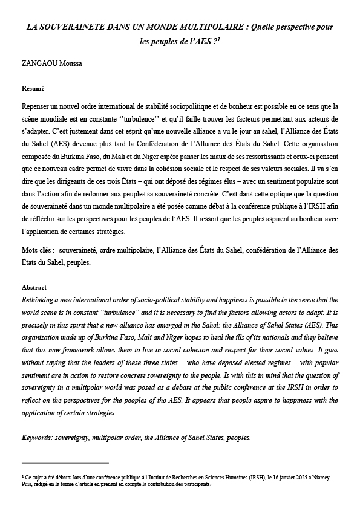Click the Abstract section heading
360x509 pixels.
click(34, 287)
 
